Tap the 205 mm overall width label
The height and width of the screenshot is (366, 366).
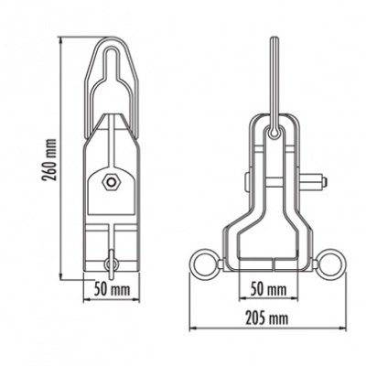[267, 318]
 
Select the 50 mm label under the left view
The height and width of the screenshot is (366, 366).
[111, 288]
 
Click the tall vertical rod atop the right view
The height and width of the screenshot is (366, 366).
[273, 78]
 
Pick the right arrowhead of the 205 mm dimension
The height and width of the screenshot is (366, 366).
[344, 329]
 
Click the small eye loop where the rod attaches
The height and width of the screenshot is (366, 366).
[273, 135]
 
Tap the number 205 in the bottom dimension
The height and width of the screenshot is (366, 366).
[257, 318]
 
